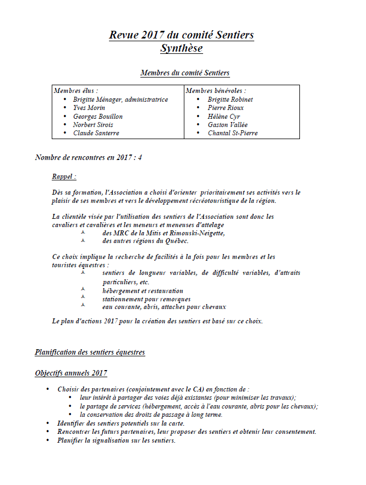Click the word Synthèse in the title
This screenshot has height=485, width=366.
[181, 49]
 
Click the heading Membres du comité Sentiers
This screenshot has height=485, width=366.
[185, 73]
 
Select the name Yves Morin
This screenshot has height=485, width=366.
[89, 108]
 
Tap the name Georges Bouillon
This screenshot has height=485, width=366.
[97, 117]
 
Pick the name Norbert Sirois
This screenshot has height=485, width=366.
[93, 125]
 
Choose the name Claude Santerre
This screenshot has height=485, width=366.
[96, 133]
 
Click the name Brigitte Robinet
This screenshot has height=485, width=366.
[230, 100]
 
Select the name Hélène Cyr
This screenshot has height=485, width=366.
[223, 117]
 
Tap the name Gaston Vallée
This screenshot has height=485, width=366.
[227, 125]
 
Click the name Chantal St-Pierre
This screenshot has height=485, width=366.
[232, 133]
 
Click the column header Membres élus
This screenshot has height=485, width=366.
[76, 91]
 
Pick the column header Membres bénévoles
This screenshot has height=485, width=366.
[216, 91]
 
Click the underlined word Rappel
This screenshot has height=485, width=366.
[64, 177]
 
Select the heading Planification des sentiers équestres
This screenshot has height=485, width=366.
[90, 352]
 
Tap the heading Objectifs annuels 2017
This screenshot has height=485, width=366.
[71, 373]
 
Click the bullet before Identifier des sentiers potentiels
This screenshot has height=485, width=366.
[48, 423]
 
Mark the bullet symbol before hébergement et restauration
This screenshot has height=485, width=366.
[83, 290]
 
